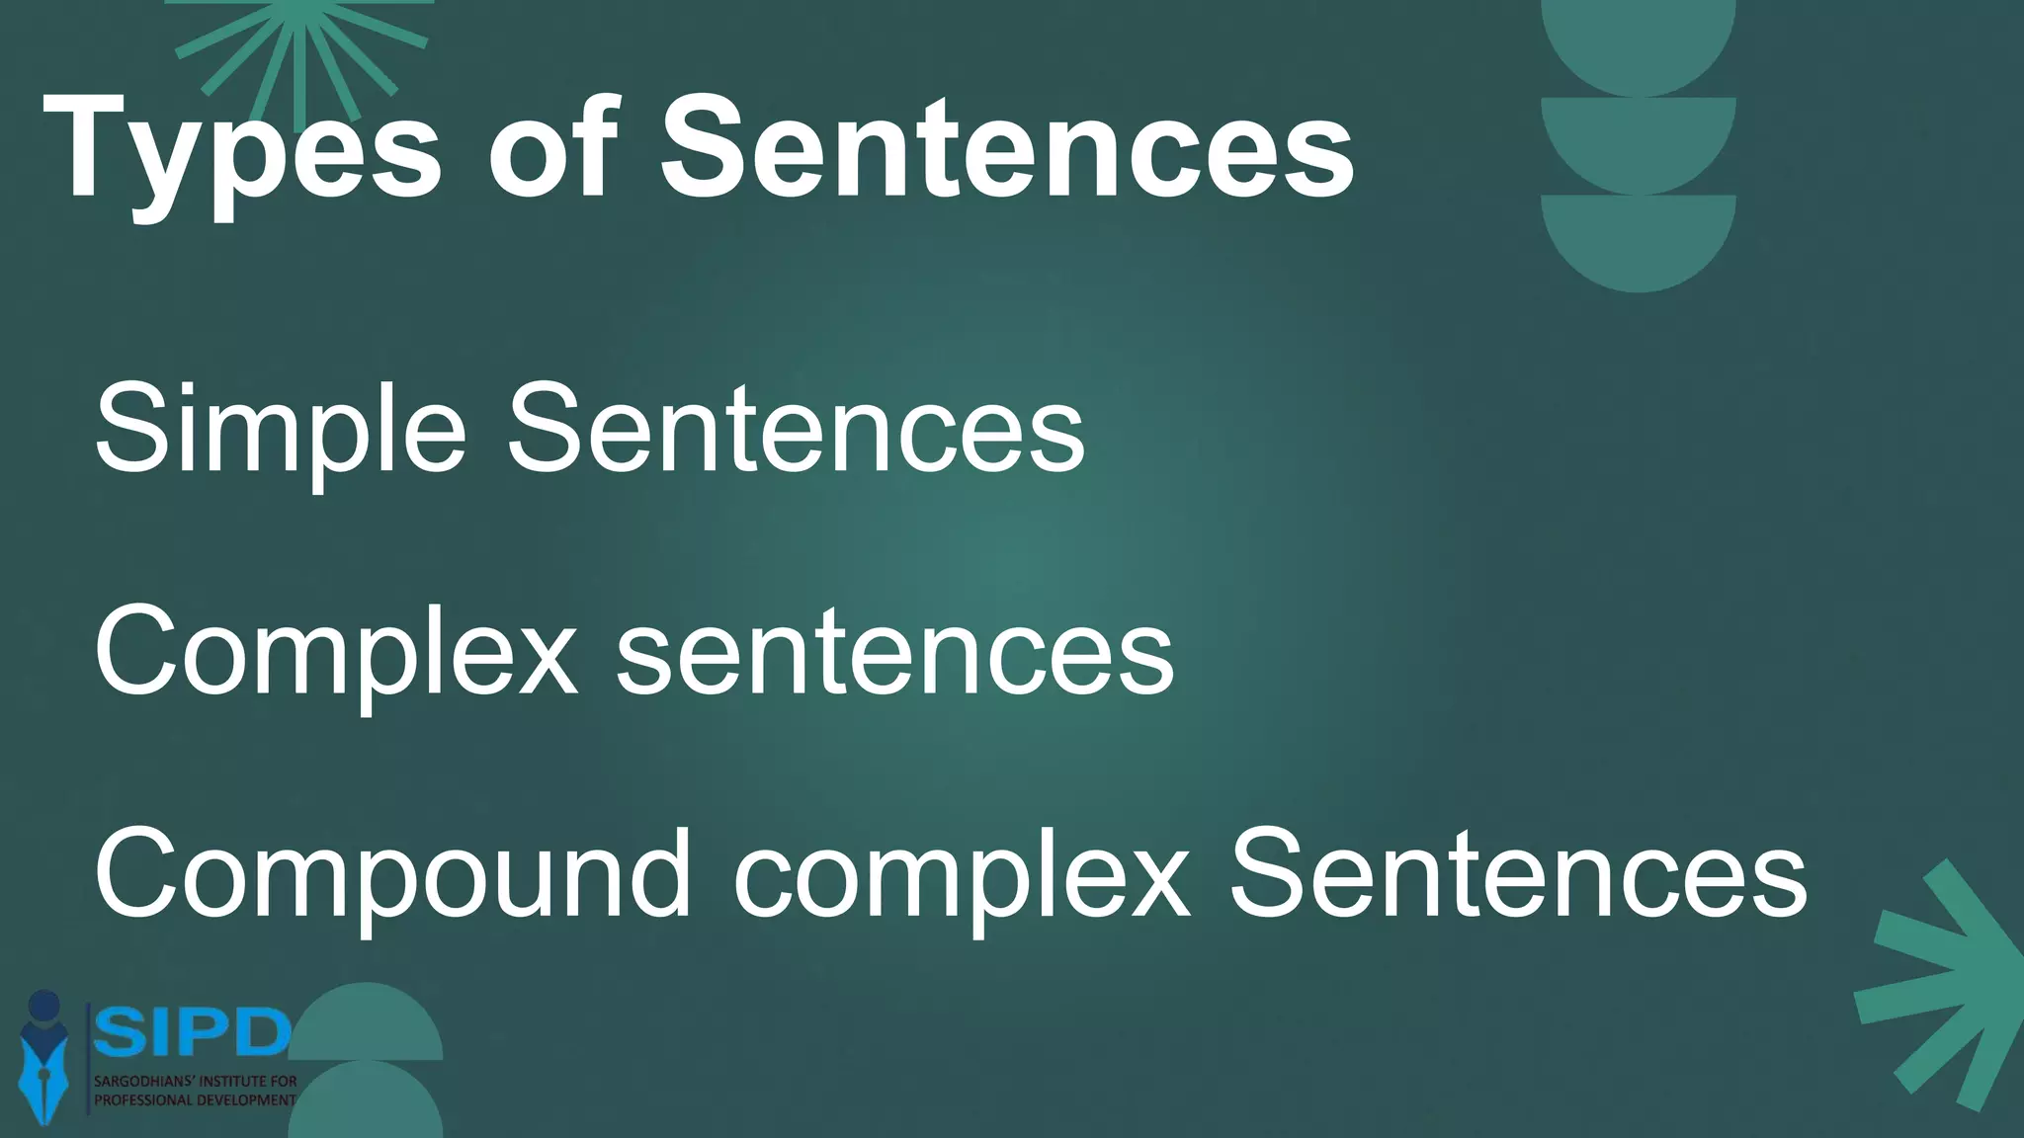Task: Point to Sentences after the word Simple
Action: click(x=796, y=429)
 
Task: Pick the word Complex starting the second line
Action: click(x=335, y=653)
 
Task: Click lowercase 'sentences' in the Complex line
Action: click(x=895, y=653)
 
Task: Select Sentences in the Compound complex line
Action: click(x=1517, y=875)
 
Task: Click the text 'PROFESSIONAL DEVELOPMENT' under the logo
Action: click(x=195, y=1100)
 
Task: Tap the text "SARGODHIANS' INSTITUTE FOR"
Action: click(x=195, y=1082)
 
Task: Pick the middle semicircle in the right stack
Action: click(x=1638, y=138)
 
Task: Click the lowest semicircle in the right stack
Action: click(x=1638, y=237)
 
